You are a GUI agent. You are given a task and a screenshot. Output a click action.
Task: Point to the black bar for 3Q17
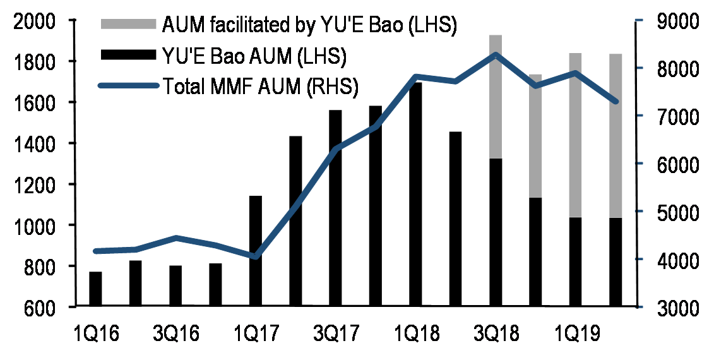coord(336,208)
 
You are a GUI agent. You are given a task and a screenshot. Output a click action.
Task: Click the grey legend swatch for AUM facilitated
coord(128,25)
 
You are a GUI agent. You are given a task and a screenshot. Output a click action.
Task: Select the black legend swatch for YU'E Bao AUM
coord(128,55)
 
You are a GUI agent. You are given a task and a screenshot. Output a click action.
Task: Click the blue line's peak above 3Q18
coord(496,54)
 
